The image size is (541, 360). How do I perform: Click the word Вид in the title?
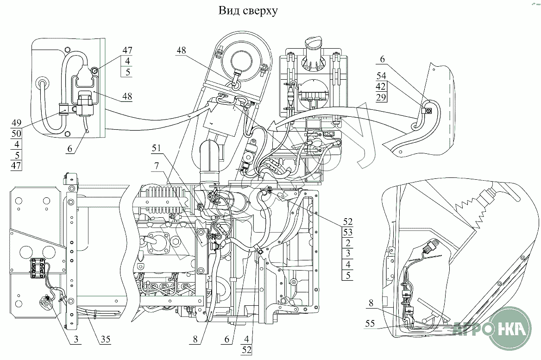pyautogui.click(x=229, y=11)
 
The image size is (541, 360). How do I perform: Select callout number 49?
pyautogui.click(x=16, y=123)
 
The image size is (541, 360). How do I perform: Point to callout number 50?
pyautogui.click(x=16, y=133)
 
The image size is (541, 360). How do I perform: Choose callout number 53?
pyautogui.click(x=348, y=232)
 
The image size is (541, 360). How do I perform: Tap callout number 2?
pyautogui.click(x=348, y=242)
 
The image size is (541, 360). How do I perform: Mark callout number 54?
pyautogui.click(x=381, y=76)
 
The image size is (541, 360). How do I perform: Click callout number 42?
pyautogui.click(x=381, y=86)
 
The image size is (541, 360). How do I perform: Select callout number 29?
pyautogui.click(x=381, y=97)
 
